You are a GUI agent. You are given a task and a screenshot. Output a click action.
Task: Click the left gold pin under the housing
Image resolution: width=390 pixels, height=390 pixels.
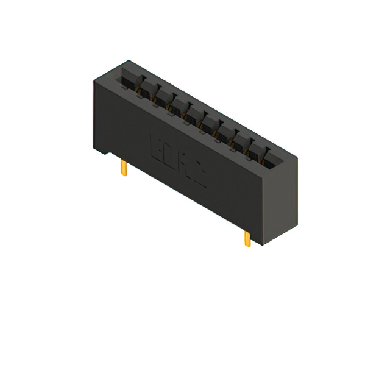pos(124,168)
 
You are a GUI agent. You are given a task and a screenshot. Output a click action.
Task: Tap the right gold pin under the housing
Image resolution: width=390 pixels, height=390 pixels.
pos(247,238)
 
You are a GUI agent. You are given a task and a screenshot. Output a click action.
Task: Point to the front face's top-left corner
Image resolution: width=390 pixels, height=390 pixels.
pos(94,81)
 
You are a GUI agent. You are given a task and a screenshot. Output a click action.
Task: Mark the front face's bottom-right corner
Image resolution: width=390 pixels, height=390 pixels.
pos(264,244)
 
